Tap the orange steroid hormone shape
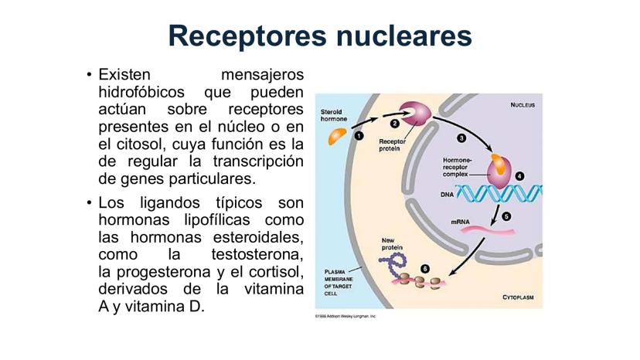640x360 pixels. pyautogui.click(x=337, y=138)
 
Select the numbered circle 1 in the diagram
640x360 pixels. pyautogui.click(x=359, y=135)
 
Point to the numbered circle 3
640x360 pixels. pyautogui.click(x=461, y=138)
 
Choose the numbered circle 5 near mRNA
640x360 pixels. pyautogui.click(x=507, y=217)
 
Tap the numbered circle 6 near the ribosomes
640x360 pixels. pyautogui.click(x=424, y=268)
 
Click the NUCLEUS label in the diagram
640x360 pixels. pyautogui.click(x=525, y=106)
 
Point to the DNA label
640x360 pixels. pyautogui.click(x=447, y=195)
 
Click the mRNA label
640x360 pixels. pyautogui.click(x=461, y=222)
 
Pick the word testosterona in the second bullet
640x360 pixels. pyautogui.click(x=257, y=255)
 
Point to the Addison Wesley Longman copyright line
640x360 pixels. pyautogui.click(x=345, y=316)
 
